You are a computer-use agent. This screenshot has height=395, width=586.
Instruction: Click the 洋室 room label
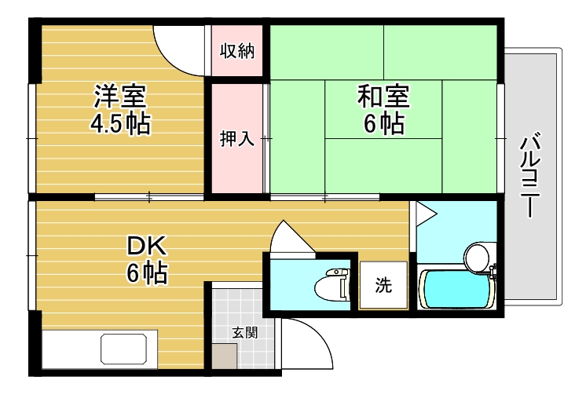(x=119, y=97)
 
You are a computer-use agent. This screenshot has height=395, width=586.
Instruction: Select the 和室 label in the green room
(x=383, y=97)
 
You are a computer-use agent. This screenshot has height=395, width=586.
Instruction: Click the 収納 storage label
(x=236, y=52)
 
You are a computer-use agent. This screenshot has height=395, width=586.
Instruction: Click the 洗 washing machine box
(x=383, y=287)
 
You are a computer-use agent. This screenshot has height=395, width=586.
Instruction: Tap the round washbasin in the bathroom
(x=476, y=256)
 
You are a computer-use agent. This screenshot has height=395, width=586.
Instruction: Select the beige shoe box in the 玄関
(x=225, y=356)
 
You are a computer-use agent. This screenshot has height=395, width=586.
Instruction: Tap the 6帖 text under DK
(x=147, y=274)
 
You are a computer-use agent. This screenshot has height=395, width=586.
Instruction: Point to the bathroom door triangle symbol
(x=425, y=213)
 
